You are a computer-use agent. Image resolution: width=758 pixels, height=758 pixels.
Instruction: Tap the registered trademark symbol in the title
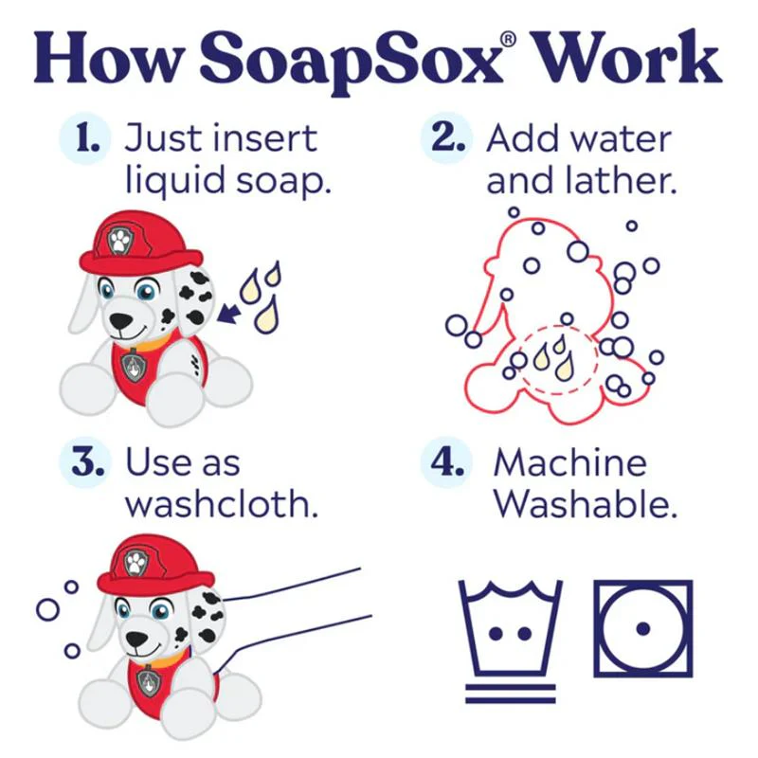coord(509,39)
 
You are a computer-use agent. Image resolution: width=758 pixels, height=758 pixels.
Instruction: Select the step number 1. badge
coord(85,138)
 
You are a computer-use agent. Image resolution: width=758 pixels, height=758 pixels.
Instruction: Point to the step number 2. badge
coord(446,138)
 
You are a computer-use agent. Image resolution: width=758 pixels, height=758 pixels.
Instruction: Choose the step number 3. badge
coord(85,462)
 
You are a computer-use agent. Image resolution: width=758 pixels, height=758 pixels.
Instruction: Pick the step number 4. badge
coord(446,462)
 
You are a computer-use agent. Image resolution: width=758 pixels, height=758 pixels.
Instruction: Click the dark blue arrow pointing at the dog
coord(228,313)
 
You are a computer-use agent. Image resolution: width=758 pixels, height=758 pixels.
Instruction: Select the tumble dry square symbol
coord(643,628)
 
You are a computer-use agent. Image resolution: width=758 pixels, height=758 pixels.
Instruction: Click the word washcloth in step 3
coord(221,504)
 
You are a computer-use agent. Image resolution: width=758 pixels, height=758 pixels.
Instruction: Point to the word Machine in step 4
coord(570,462)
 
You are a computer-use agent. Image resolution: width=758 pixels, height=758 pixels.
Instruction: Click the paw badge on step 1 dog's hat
coord(119,241)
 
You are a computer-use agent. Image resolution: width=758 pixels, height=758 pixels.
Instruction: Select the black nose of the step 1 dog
coord(120,320)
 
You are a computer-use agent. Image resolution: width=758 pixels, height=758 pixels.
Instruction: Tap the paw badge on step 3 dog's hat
coord(136,563)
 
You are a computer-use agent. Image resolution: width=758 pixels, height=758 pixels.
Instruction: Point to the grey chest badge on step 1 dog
coord(132,365)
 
